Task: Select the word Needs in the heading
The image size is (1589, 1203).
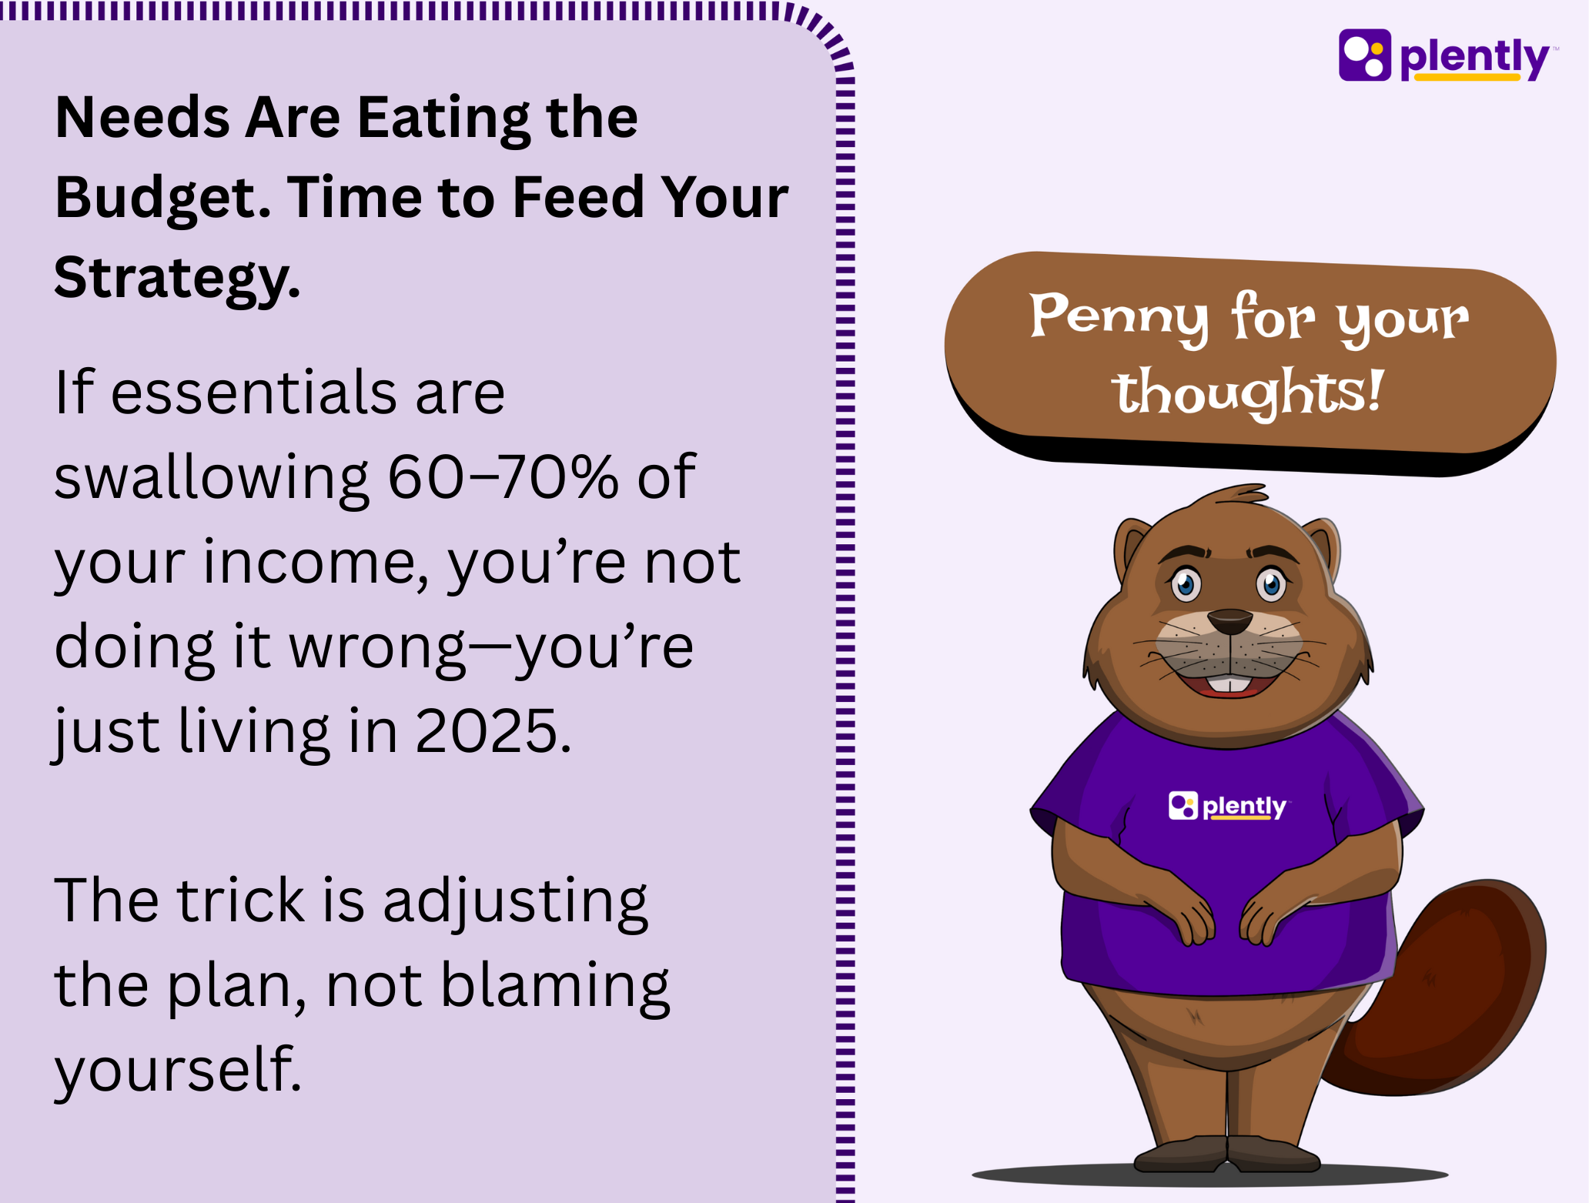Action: click(142, 118)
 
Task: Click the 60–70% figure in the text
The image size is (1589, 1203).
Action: click(503, 476)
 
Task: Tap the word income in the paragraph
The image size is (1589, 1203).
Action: click(316, 562)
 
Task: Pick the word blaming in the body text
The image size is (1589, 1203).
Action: click(555, 987)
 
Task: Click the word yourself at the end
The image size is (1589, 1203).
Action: click(177, 1070)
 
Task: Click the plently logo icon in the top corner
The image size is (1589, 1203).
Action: click(1365, 55)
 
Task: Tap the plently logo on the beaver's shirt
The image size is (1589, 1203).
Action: click(1227, 806)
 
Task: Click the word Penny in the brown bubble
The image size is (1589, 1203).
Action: click(1119, 316)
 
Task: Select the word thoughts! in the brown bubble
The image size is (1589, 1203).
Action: click(1247, 392)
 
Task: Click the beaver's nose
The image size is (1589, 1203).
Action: click(1229, 620)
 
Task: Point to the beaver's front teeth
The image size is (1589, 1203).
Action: click(1229, 684)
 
